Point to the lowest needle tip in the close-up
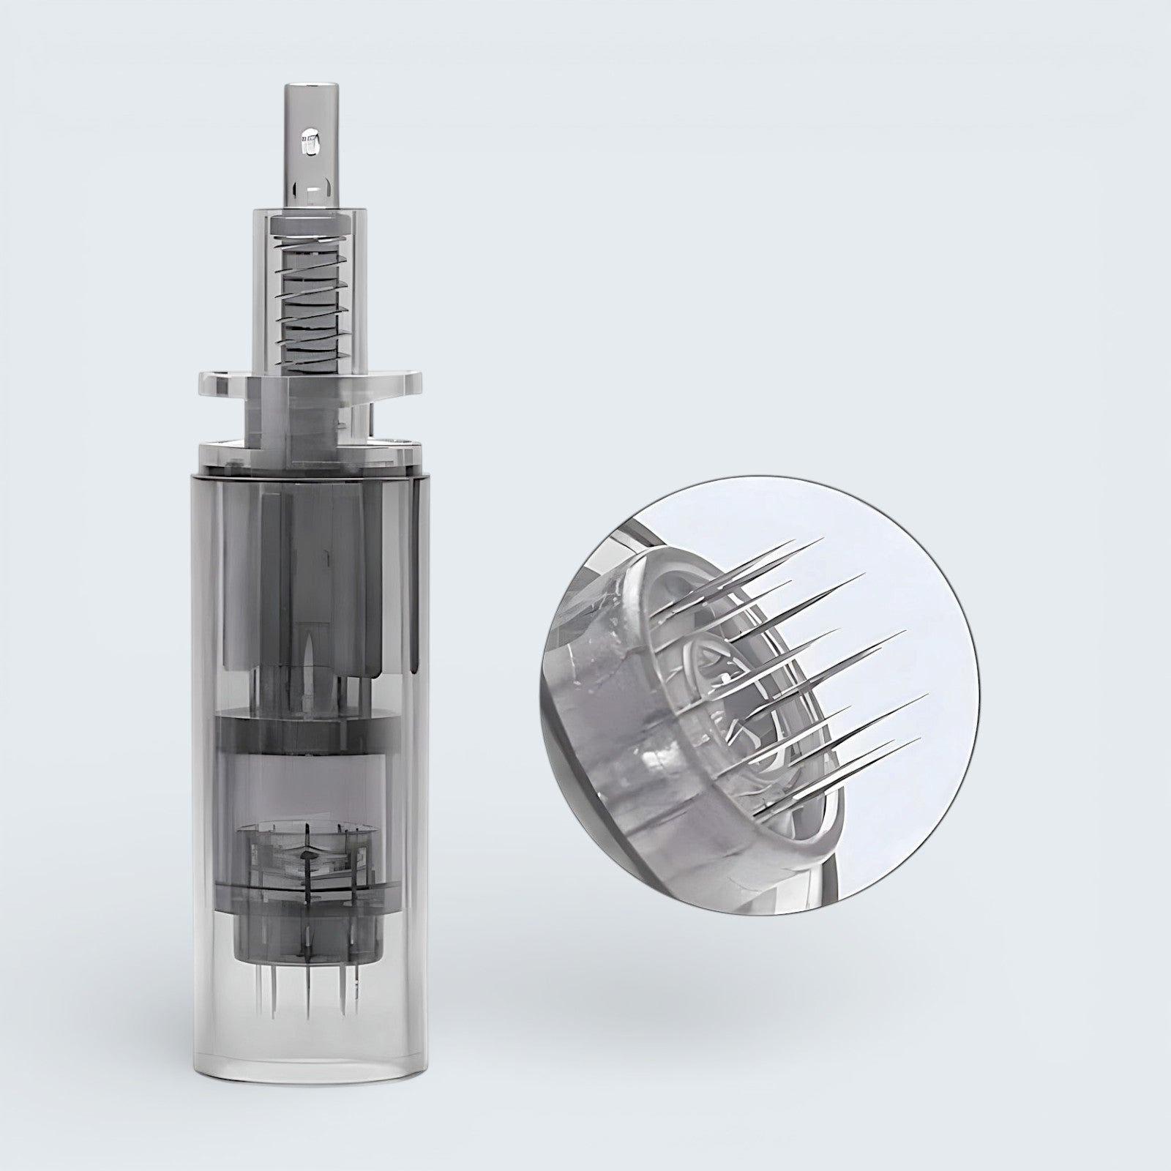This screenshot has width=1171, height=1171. coord(919,738)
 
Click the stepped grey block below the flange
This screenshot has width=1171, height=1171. coord(310,410)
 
